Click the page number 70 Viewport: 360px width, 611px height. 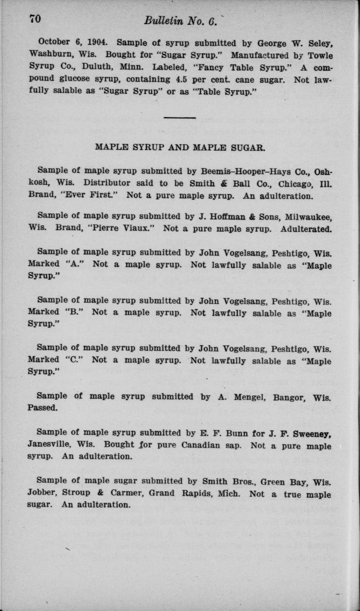(x=35, y=19)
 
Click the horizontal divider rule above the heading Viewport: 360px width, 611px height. (x=179, y=117)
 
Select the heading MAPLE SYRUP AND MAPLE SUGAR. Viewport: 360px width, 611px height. (x=180, y=148)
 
